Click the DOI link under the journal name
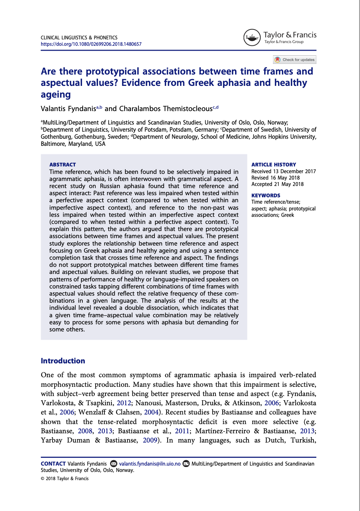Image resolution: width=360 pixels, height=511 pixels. [x=91, y=44]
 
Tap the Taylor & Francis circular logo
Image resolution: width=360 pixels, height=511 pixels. [x=252, y=38]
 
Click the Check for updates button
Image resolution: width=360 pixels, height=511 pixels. [x=294, y=60]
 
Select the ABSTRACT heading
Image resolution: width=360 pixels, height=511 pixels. [x=62, y=165]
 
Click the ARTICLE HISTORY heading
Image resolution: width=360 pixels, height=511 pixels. [x=273, y=165]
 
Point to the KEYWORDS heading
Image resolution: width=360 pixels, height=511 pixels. [x=266, y=196]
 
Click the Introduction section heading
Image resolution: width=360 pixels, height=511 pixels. [x=63, y=361]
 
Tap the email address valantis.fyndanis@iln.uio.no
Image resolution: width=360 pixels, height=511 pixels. [x=149, y=464]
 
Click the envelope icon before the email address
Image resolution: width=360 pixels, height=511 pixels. [x=114, y=464]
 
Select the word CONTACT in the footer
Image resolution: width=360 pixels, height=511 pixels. [x=53, y=464]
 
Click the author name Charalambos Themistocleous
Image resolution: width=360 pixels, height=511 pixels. [x=165, y=109]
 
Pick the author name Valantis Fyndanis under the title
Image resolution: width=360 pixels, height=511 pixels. [x=69, y=109]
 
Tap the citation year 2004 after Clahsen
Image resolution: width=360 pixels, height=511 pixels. [x=151, y=412]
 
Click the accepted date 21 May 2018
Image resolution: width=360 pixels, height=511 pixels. [x=289, y=184]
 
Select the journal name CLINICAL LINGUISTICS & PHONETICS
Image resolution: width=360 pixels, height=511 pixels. [x=79, y=38]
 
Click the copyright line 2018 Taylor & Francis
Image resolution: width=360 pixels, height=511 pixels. [x=67, y=479]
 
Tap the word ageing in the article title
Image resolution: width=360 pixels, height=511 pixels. [x=56, y=95]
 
